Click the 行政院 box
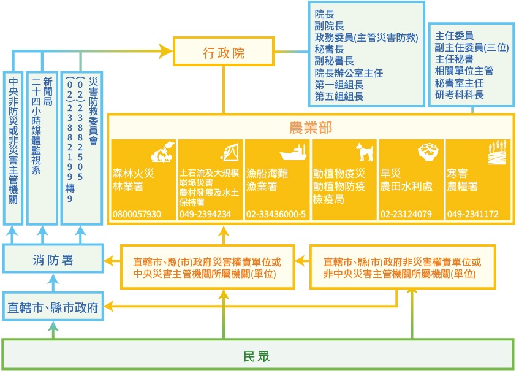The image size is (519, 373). point(223,52)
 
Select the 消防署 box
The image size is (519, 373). point(53,260)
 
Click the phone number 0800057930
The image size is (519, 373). point(137,214)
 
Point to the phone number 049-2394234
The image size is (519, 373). point(205,214)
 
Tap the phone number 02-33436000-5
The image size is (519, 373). point(276,214)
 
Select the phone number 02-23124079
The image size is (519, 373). point(406,214)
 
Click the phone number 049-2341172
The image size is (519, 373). point(472,214)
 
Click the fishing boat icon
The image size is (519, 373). point(293,152)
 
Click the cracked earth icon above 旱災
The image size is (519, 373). point(428,151)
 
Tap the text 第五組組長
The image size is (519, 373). point(339,96)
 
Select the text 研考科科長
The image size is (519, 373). point(459,94)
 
